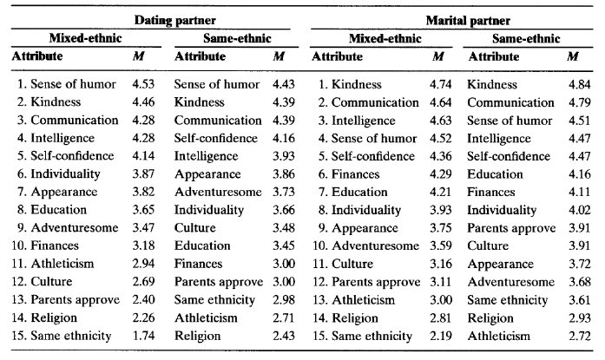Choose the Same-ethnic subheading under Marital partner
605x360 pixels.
[x=526, y=39]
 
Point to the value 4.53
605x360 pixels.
[x=154, y=84]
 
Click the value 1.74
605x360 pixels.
[x=154, y=335]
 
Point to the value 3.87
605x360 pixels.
[x=154, y=173]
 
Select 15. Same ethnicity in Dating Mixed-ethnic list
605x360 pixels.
[x=64, y=335]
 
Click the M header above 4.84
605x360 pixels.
[x=573, y=56]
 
